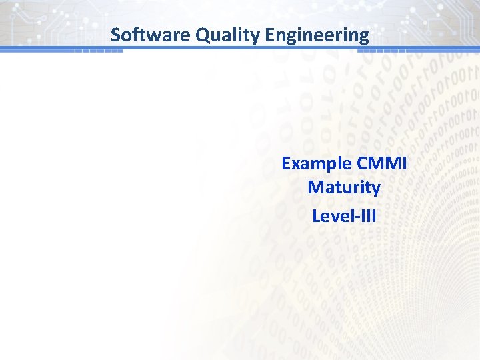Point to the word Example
click(317, 163)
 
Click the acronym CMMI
click(382, 163)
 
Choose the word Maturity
click(344, 187)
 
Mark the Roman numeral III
click(367, 216)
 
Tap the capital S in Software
click(115, 35)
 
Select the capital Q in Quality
click(202, 35)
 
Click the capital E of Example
click(286, 163)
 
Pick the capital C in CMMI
click(363, 163)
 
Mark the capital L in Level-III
click(316, 216)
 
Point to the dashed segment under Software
click(98, 51)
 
